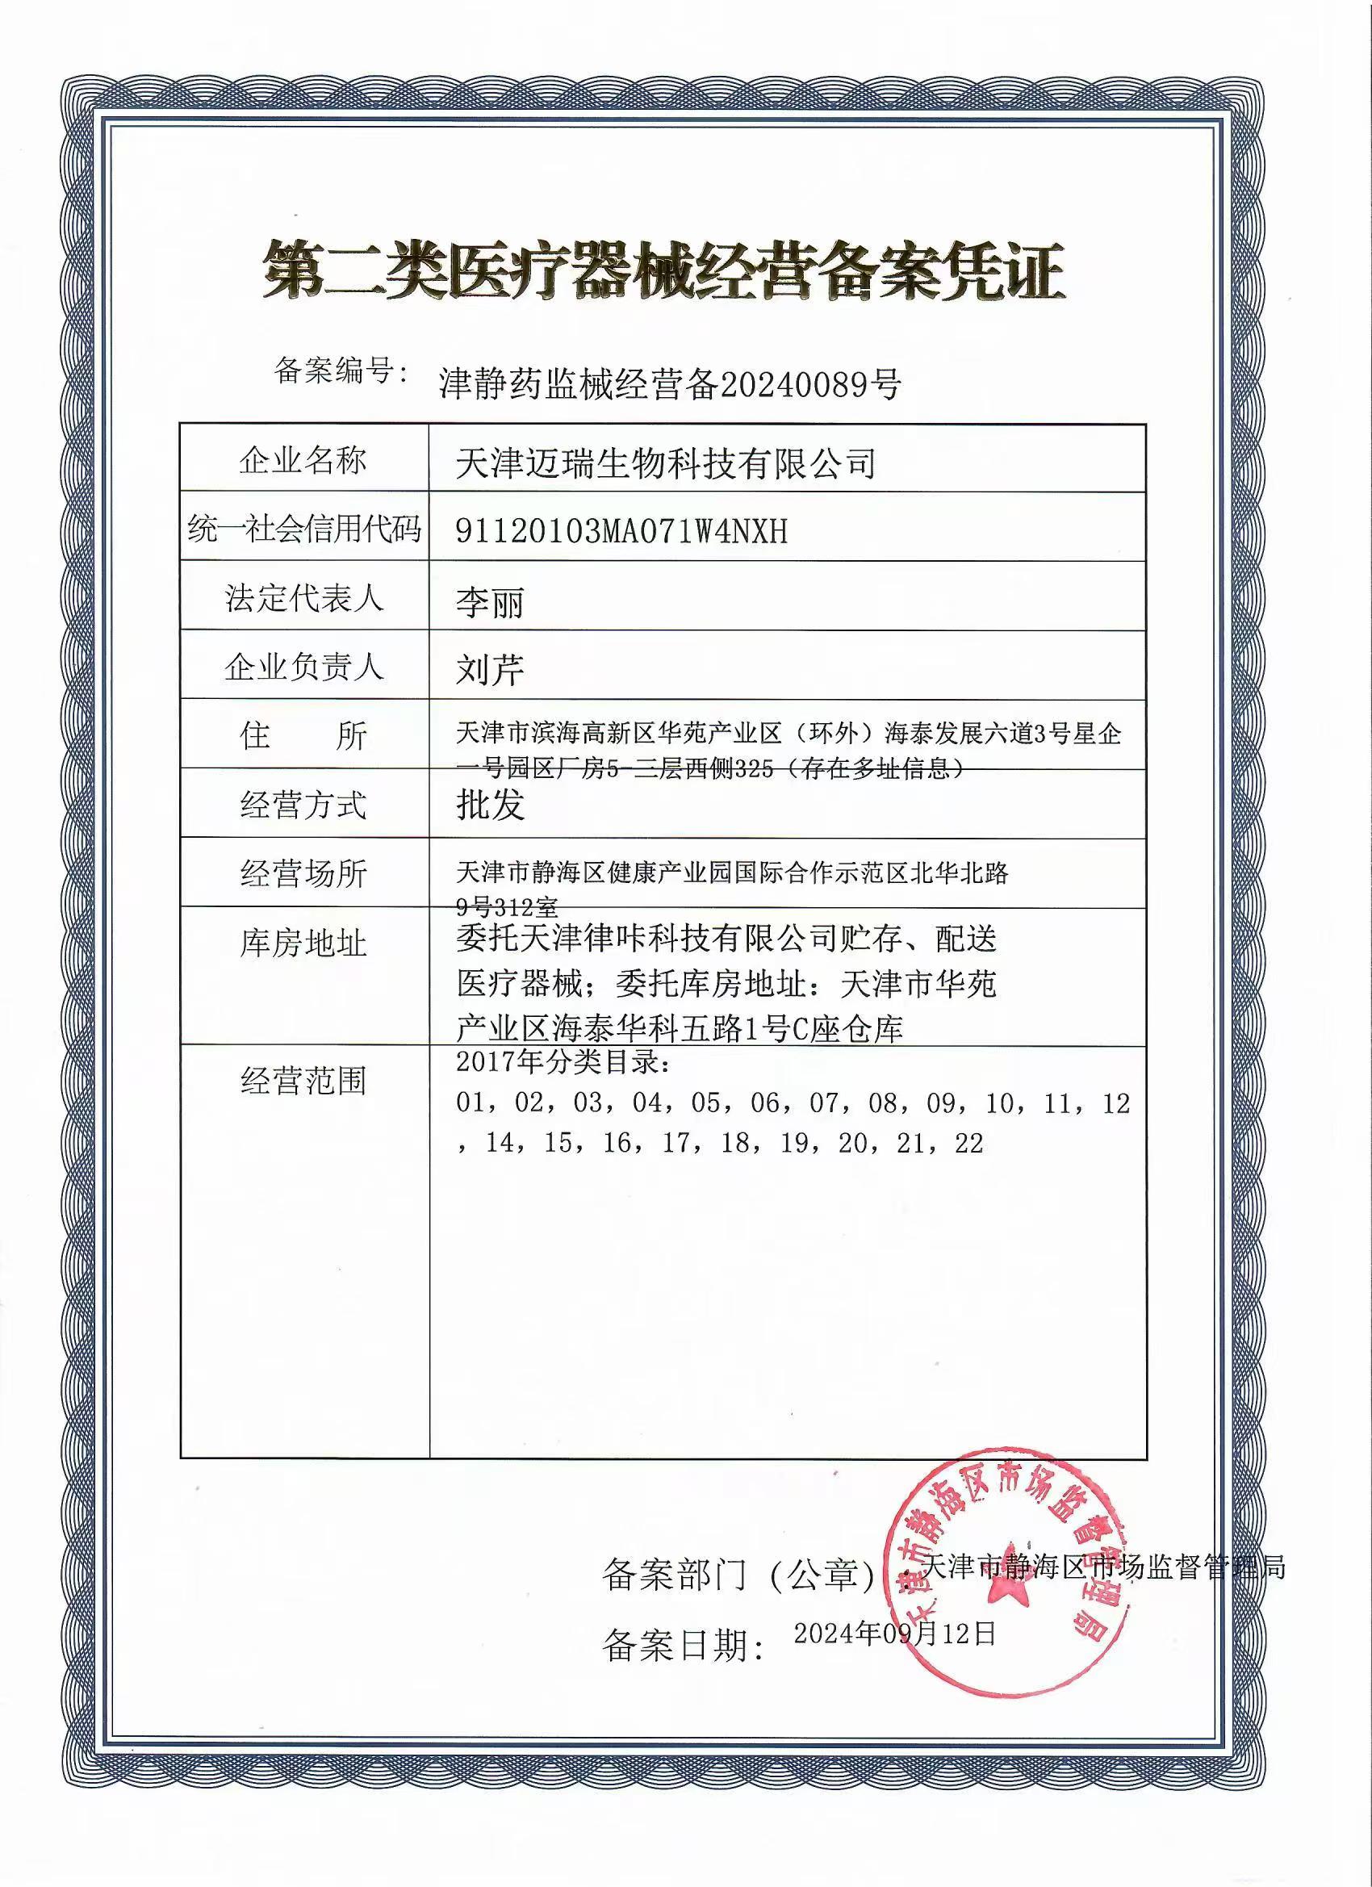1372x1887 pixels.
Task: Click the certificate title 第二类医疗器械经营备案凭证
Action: pyautogui.click(x=664, y=271)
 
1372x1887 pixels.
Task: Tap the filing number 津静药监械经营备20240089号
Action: pyautogui.click(x=670, y=384)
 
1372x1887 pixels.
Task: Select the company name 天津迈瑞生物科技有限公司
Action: pyautogui.click(x=666, y=462)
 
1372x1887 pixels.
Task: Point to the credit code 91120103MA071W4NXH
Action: pyautogui.click(x=621, y=531)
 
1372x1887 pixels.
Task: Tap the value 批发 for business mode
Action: pyautogui.click(x=490, y=804)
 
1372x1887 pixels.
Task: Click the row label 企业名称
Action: pyautogui.click(x=303, y=459)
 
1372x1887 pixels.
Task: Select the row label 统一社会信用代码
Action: pyautogui.click(x=304, y=529)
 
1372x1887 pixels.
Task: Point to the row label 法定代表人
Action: pyautogui.click(x=303, y=597)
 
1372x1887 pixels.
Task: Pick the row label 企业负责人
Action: pyautogui.click(x=303, y=667)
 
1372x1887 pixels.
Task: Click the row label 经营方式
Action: pyautogui.click(x=303, y=805)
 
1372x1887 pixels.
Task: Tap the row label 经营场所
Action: pyautogui.click(x=303, y=873)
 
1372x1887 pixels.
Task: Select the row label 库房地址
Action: pyautogui.click(x=303, y=943)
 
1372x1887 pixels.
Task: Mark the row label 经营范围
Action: pyautogui.click(x=303, y=1081)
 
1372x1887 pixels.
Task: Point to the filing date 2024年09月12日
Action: pyautogui.click(x=894, y=1634)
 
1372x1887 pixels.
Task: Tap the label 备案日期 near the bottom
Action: pyautogui.click(x=683, y=1646)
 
